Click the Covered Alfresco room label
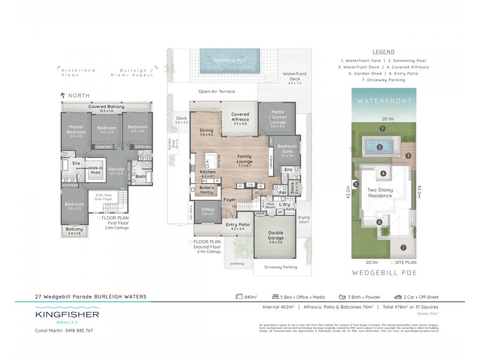pyautogui.click(x=239, y=119)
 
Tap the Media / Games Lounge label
pyautogui.click(x=278, y=119)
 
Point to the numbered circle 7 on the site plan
pyautogui.click(x=403, y=247)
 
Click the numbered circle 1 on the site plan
pyautogui.click(x=382, y=128)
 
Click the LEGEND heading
pyautogui.click(x=383, y=52)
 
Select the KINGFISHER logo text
pyautogui.click(x=67, y=314)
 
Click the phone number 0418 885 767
pyautogui.click(x=78, y=331)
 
